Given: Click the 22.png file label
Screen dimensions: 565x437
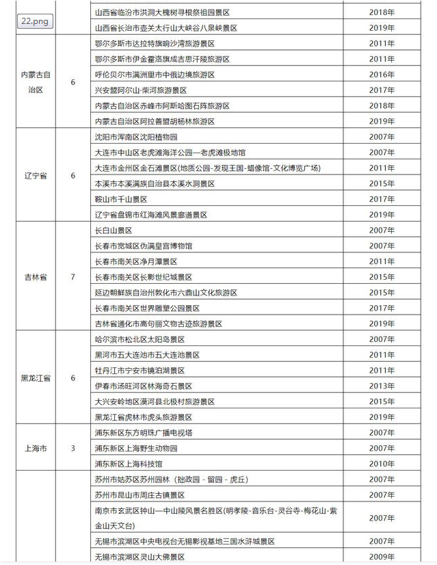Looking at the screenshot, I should coord(34,21).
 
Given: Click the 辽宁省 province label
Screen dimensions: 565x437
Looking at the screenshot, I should coord(35,176).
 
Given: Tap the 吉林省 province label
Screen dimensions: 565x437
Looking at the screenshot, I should coord(35,277).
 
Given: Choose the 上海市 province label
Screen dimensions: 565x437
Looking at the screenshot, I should coord(35,449).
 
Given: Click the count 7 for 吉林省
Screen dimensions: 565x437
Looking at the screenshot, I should coord(73,277).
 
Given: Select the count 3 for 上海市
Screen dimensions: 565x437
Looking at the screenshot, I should coord(73,449).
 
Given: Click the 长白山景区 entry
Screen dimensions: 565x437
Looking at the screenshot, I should coord(114,231).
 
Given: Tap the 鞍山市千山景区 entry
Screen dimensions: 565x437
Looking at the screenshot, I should coord(121,199).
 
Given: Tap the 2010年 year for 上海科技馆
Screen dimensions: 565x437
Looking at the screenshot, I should coord(382,464).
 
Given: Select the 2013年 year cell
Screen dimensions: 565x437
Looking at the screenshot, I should coord(382,386).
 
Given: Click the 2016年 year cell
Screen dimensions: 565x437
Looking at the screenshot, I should coord(382,75).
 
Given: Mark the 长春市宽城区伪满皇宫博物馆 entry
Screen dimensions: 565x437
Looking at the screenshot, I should coord(144,246).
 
